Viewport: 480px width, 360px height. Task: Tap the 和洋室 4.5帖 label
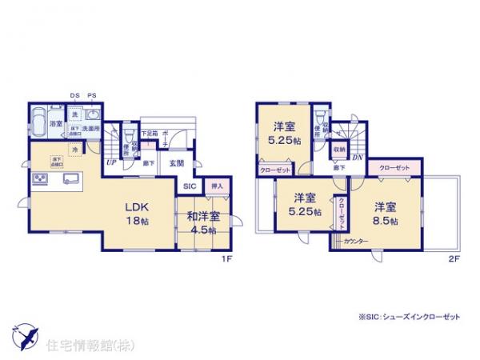click(x=206, y=217)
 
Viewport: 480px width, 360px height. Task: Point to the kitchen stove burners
click(x=40, y=179)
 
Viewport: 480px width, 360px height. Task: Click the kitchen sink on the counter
click(x=69, y=178)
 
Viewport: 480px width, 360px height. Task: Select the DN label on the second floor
click(x=358, y=158)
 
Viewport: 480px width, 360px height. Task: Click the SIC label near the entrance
click(x=190, y=186)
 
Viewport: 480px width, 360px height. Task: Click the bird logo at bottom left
click(x=23, y=334)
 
